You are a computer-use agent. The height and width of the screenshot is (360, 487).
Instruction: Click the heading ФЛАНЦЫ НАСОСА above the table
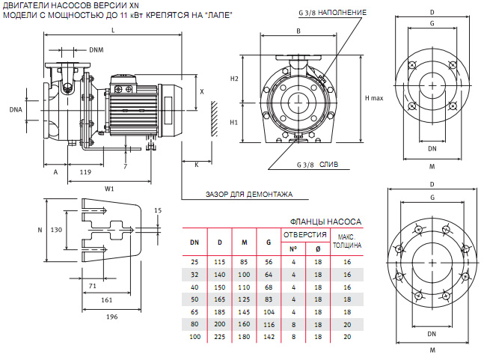pyautogui.click(x=325, y=222)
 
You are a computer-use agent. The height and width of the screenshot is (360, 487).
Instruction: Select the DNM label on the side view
pyautogui.click(x=97, y=50)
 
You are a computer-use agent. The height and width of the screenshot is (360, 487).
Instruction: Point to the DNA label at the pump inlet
pyautogui.click(x=16, y=109)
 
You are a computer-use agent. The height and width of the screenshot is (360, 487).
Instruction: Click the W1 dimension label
pyautogui.click(x=109, y=188)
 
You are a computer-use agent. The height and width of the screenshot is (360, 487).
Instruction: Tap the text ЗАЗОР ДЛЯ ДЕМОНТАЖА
pyautogui.click(x=249, y=194)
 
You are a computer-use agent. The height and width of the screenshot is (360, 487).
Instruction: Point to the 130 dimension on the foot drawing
pyautogui.click(x=55, y=230)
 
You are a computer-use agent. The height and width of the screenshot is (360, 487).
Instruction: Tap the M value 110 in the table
pyautogui.click(x=244, y=286)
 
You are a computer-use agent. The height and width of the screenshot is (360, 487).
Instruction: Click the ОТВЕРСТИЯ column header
pyautogui.click(x=304, y=235)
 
